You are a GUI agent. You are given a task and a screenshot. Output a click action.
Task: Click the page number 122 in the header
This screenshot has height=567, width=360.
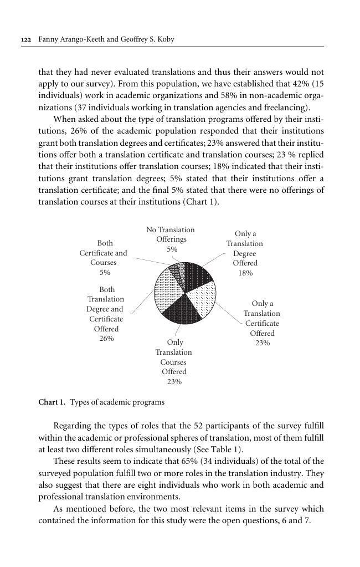[25, 40]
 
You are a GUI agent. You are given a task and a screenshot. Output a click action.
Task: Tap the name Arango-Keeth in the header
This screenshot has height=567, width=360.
[79, 40]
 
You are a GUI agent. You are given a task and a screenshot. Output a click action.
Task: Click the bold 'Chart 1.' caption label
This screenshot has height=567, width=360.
[52, 402]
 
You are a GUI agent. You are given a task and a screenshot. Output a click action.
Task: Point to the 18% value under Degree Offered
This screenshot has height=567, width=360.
[245, 273]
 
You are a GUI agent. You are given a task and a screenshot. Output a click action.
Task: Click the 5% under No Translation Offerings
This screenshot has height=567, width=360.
[172, 249]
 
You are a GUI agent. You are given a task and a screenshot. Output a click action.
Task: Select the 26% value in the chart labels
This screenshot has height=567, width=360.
[106, 339]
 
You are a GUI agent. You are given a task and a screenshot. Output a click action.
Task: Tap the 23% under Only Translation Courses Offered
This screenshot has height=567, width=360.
[174, 382]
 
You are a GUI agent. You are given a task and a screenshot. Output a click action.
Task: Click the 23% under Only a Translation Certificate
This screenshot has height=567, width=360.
[263, 343]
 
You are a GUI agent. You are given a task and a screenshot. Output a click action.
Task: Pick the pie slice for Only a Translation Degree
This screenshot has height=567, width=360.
[197, 275]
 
